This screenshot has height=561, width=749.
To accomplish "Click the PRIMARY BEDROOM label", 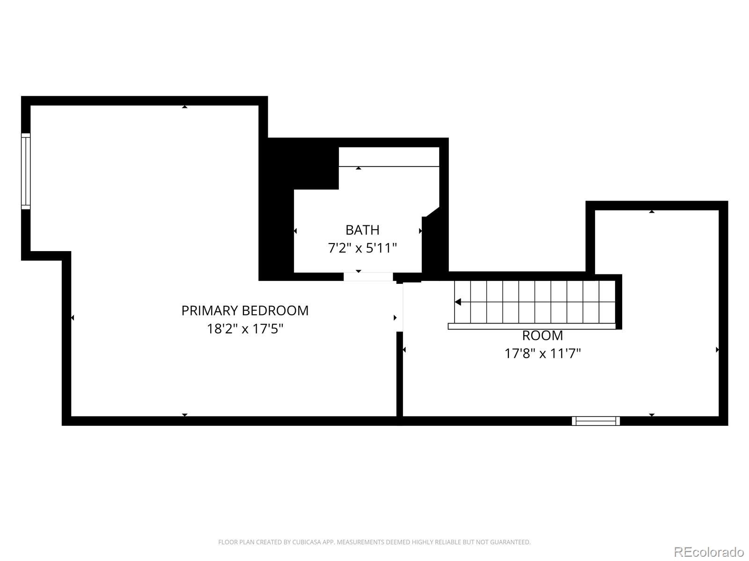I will pyautogui.click(x=245, y=310).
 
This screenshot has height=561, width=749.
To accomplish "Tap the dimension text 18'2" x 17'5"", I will pyautogui.click(x=245, y=329).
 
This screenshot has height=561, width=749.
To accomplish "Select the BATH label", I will pyautogui.click(x=362, y=230).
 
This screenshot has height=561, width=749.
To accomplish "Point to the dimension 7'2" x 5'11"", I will pyautogui.click(x=362, y=248).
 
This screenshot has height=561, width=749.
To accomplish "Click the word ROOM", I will pyautogui.click(x=543, y=336).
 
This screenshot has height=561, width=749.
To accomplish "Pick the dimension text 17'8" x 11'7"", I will pyautogui.click(x=543, y=353).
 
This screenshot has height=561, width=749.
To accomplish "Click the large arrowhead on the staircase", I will pyautogui.click(x=458, y=302).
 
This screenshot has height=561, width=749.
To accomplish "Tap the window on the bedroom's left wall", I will pyautogui.click(x=26, y=171).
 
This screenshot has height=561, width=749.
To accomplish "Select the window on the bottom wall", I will pyautogui.click(x=596, y=421).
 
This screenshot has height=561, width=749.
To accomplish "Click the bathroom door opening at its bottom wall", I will pyautogui.click(x=368, y=277).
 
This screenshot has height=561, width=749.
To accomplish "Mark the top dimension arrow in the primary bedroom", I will pyautogui.click(x=185, y=107).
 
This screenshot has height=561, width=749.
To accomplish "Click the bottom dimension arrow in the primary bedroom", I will pyautogui.click(x=185, y=415).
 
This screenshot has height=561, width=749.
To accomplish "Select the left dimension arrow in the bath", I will pyautogui.click(x=295, y=231).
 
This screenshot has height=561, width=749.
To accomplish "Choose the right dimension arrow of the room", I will pyautogui.click(x=717, y=350).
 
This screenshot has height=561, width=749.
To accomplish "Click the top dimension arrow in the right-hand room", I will pyautogui.click(x=652, y=212).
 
